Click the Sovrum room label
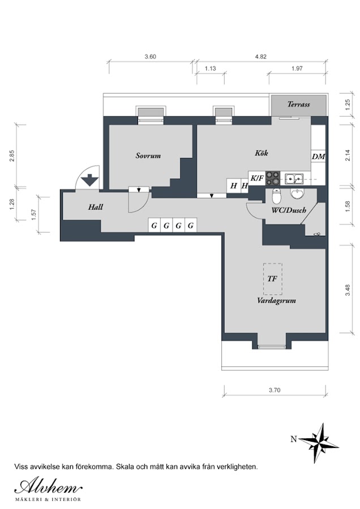click(x=148, y=156)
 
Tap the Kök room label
click(x=262, y=153)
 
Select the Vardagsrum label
click(x=276, y=301)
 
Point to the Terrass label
click(x=299, y=104)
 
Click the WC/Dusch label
click(x=289, y=210)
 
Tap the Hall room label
click(x=96, y=207)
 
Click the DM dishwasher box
click(x=319, y=157)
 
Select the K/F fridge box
click(x=256, y=178)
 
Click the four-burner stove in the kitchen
click(x=273, y=179)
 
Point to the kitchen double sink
click(x=294, y=179)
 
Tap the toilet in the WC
click(x=276, y=195)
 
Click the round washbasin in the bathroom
click(x=297, y=194)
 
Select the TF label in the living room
click(x=272, y=278)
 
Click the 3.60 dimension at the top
click(x=151, y=57)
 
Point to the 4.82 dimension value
click(x=260, y=57)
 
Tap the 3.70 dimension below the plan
click(x=275, y=390)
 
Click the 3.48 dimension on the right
click(x=348, y=290)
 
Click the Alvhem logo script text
click(x=49, y=488)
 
